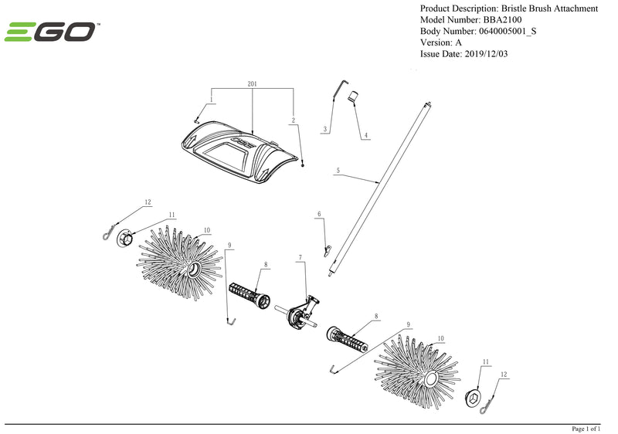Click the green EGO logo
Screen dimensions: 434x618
point(51,32)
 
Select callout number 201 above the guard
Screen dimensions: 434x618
point(252,83)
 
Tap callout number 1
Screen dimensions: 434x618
point(212,101)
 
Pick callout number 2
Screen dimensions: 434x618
point(294,120)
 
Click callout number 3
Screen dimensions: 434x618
point(326,128)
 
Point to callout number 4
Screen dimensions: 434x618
point(366,135)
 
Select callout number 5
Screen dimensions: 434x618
point(338,169)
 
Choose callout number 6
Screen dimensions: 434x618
point(318,214)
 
